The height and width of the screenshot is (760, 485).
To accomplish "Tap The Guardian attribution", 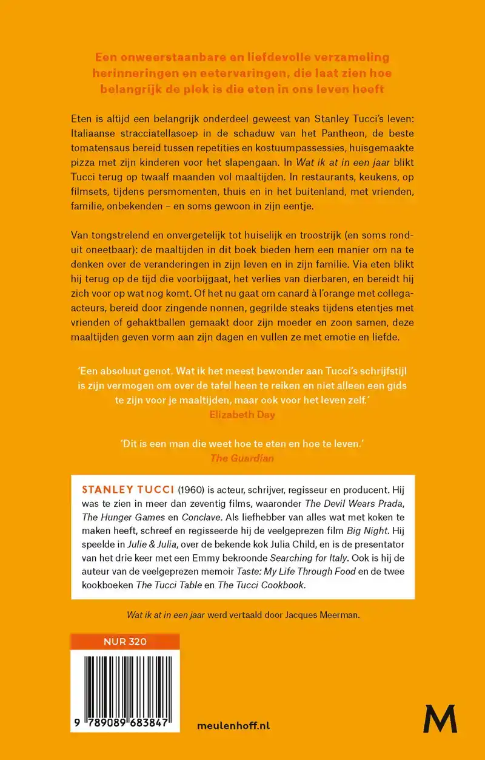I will pyautogui.click(x=242, y=458).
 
